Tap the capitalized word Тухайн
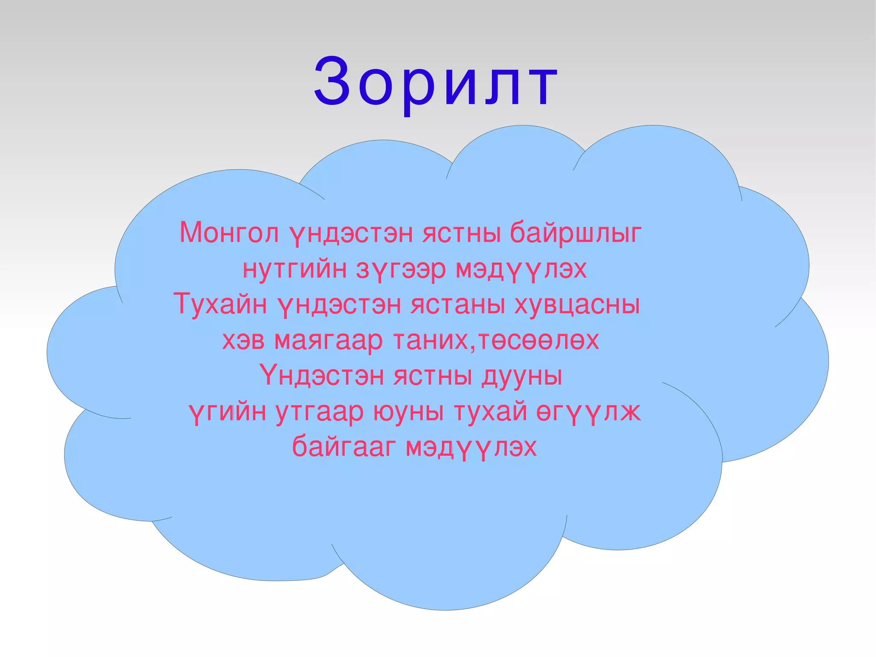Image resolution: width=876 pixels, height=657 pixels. pos(220,304)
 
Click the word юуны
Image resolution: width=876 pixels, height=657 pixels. pos(408,412)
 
